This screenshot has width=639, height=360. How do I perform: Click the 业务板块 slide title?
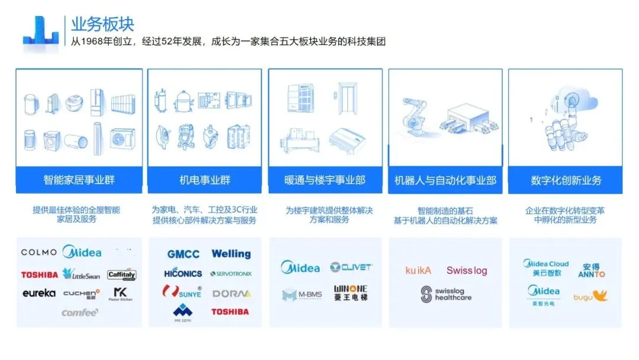point(102,24)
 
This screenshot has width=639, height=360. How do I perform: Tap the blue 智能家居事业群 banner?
point(79,179)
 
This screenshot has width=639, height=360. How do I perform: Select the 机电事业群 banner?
point(205,179)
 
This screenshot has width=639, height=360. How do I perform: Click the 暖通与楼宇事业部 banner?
point(325,179)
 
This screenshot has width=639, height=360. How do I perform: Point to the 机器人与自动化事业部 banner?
point(445,179)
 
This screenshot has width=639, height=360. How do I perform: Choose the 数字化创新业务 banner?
point(566,179)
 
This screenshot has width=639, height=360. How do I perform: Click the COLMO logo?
point(39,252)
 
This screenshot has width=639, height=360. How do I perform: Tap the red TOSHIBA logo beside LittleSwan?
point(40,275)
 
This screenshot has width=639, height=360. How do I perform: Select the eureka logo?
point(39,293)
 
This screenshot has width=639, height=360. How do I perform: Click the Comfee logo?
point(80,312)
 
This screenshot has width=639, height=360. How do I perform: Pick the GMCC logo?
point(183,254)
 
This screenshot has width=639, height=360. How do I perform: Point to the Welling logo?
point(231,254)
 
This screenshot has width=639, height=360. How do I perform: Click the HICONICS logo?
point(183,274)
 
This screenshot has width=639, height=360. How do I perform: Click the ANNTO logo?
point(592,271)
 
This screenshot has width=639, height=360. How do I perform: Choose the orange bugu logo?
point(590,295)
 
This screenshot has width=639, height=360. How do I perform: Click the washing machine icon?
point(52,140)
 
